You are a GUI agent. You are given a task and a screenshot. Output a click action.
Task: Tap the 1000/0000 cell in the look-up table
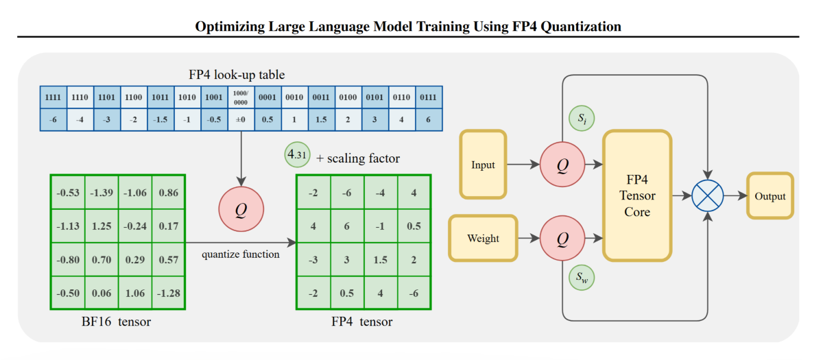(x=241, y=97)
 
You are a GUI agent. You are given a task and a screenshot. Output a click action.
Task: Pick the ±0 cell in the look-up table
(x=241, y=119)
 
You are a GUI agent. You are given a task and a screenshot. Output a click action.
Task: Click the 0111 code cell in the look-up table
(x=429, y=97)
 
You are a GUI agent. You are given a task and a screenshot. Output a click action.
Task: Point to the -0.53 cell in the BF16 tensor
(x=67, y=192)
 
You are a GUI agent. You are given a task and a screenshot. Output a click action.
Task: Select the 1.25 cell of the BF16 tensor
(x=102, y=226)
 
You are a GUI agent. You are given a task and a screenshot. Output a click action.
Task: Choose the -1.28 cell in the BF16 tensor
(x=169, y=293)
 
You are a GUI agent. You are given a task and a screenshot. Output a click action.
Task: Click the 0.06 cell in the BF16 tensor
(x=102, y=293)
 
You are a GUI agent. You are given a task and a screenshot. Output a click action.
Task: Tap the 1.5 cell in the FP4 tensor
(x=380, y=259)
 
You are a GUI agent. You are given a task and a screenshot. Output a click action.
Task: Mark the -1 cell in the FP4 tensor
(x=380, y=226)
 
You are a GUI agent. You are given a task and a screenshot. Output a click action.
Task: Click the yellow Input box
(x=483, y=165)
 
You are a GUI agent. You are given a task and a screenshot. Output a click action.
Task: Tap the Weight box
(x=483, y=238)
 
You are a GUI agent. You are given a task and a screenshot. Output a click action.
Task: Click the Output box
(x=770, y=196)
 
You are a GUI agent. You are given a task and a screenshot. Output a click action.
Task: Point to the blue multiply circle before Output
(x=707, y=196)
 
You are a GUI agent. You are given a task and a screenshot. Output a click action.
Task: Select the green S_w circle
(x=581, y=278)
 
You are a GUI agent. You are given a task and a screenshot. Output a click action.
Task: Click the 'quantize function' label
(x=241, y=254)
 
